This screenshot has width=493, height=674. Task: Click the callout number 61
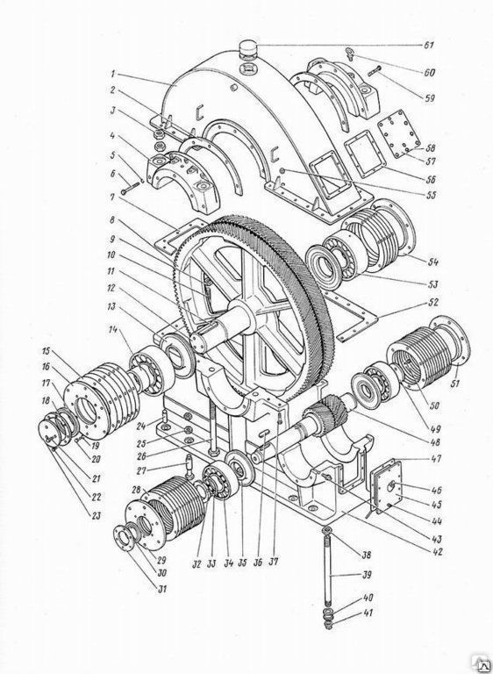(x=428, y=46)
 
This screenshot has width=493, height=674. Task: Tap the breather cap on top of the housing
(x=248, y=47)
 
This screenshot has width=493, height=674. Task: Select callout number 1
(x=112, y=74)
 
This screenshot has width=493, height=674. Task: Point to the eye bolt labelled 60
(x=350, y=54)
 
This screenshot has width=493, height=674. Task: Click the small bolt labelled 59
(x=375, y=71)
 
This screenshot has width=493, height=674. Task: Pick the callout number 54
(x=432, y=262)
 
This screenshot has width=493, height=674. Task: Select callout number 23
(x=95, y=515)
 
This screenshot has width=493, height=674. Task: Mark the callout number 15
(x=46, y=351)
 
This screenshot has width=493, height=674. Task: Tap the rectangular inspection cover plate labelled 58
(x=399, y=133)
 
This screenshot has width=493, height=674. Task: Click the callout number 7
(x=111, y=197)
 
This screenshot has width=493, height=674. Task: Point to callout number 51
(x=454, y=382)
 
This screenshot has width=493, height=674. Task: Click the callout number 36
(x=257, y=563)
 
